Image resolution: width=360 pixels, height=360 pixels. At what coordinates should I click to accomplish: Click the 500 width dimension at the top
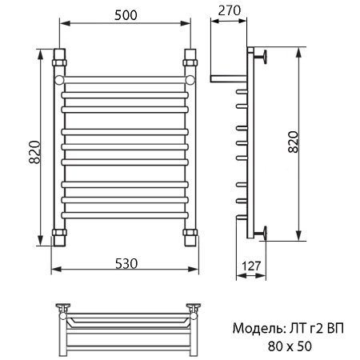[x=124, y=16]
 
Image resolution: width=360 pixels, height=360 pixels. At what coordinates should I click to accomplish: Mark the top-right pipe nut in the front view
[x=190, y=59]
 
